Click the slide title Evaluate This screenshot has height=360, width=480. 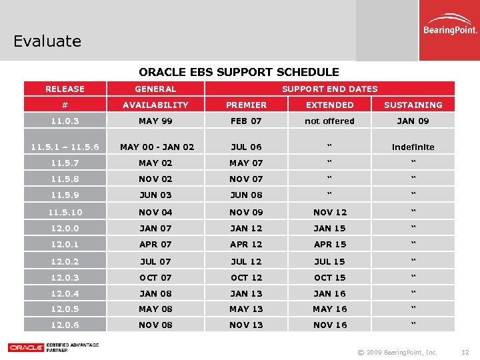47,41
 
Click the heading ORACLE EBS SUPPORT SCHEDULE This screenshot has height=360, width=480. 239,72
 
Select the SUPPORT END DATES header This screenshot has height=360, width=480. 329,89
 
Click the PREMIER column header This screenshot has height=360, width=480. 246,105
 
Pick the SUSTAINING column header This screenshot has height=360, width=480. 413,105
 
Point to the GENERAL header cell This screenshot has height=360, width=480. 155,89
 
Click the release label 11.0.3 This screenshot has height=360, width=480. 65,121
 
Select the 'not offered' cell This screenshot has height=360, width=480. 329,121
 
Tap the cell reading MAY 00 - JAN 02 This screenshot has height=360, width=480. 157,147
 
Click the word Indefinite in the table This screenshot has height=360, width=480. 413,147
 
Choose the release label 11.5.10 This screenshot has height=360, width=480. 65,212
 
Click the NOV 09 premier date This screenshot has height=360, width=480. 246,212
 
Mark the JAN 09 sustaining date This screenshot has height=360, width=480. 413,121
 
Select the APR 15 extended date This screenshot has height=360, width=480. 329,244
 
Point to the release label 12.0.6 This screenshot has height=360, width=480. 65,325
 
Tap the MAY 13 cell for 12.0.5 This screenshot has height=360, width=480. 246,309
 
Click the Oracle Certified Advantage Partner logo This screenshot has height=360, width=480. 53,347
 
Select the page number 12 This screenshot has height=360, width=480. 465,352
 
